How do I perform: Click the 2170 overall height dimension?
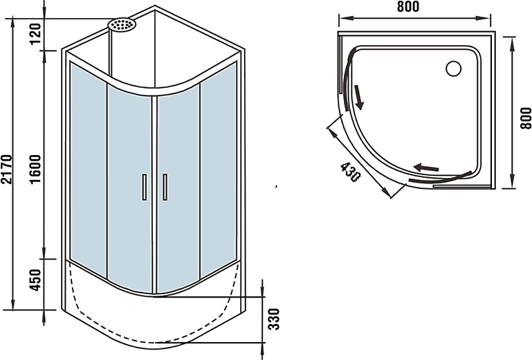(7, 169)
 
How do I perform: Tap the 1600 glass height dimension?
(35, 169)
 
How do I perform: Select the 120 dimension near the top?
(35, 34)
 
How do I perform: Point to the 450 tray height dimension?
(35, 280)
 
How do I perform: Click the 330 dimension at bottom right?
(274, 319)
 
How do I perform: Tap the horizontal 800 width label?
(408, 7)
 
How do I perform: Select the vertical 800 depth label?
(526, 118)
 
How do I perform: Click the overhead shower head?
(122, 24)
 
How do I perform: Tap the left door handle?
(144, 187)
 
